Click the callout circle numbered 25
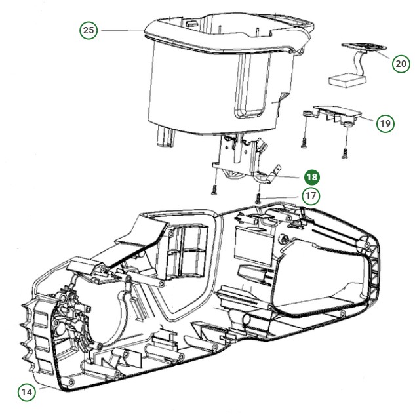pos(89,30)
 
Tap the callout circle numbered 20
pos(401,64)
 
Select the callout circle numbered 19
pos(385,123)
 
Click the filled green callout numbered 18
pos(312,177)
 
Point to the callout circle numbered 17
pos(311,196)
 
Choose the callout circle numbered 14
pos(27,392)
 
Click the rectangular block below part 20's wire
pos(347,79)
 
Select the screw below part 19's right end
pos(345,153)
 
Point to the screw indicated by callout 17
pos(258,198)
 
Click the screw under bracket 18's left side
pos(215,189)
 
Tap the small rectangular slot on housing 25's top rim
pos(191,24)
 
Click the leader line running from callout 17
pos(280,198)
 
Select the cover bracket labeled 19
pos(332,115)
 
